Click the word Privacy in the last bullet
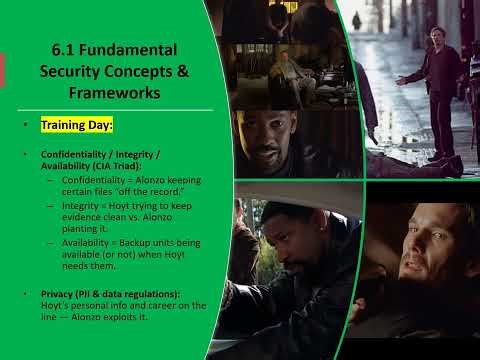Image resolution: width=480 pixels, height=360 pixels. [57, 292]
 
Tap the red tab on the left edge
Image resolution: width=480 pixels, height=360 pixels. [3, 69]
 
